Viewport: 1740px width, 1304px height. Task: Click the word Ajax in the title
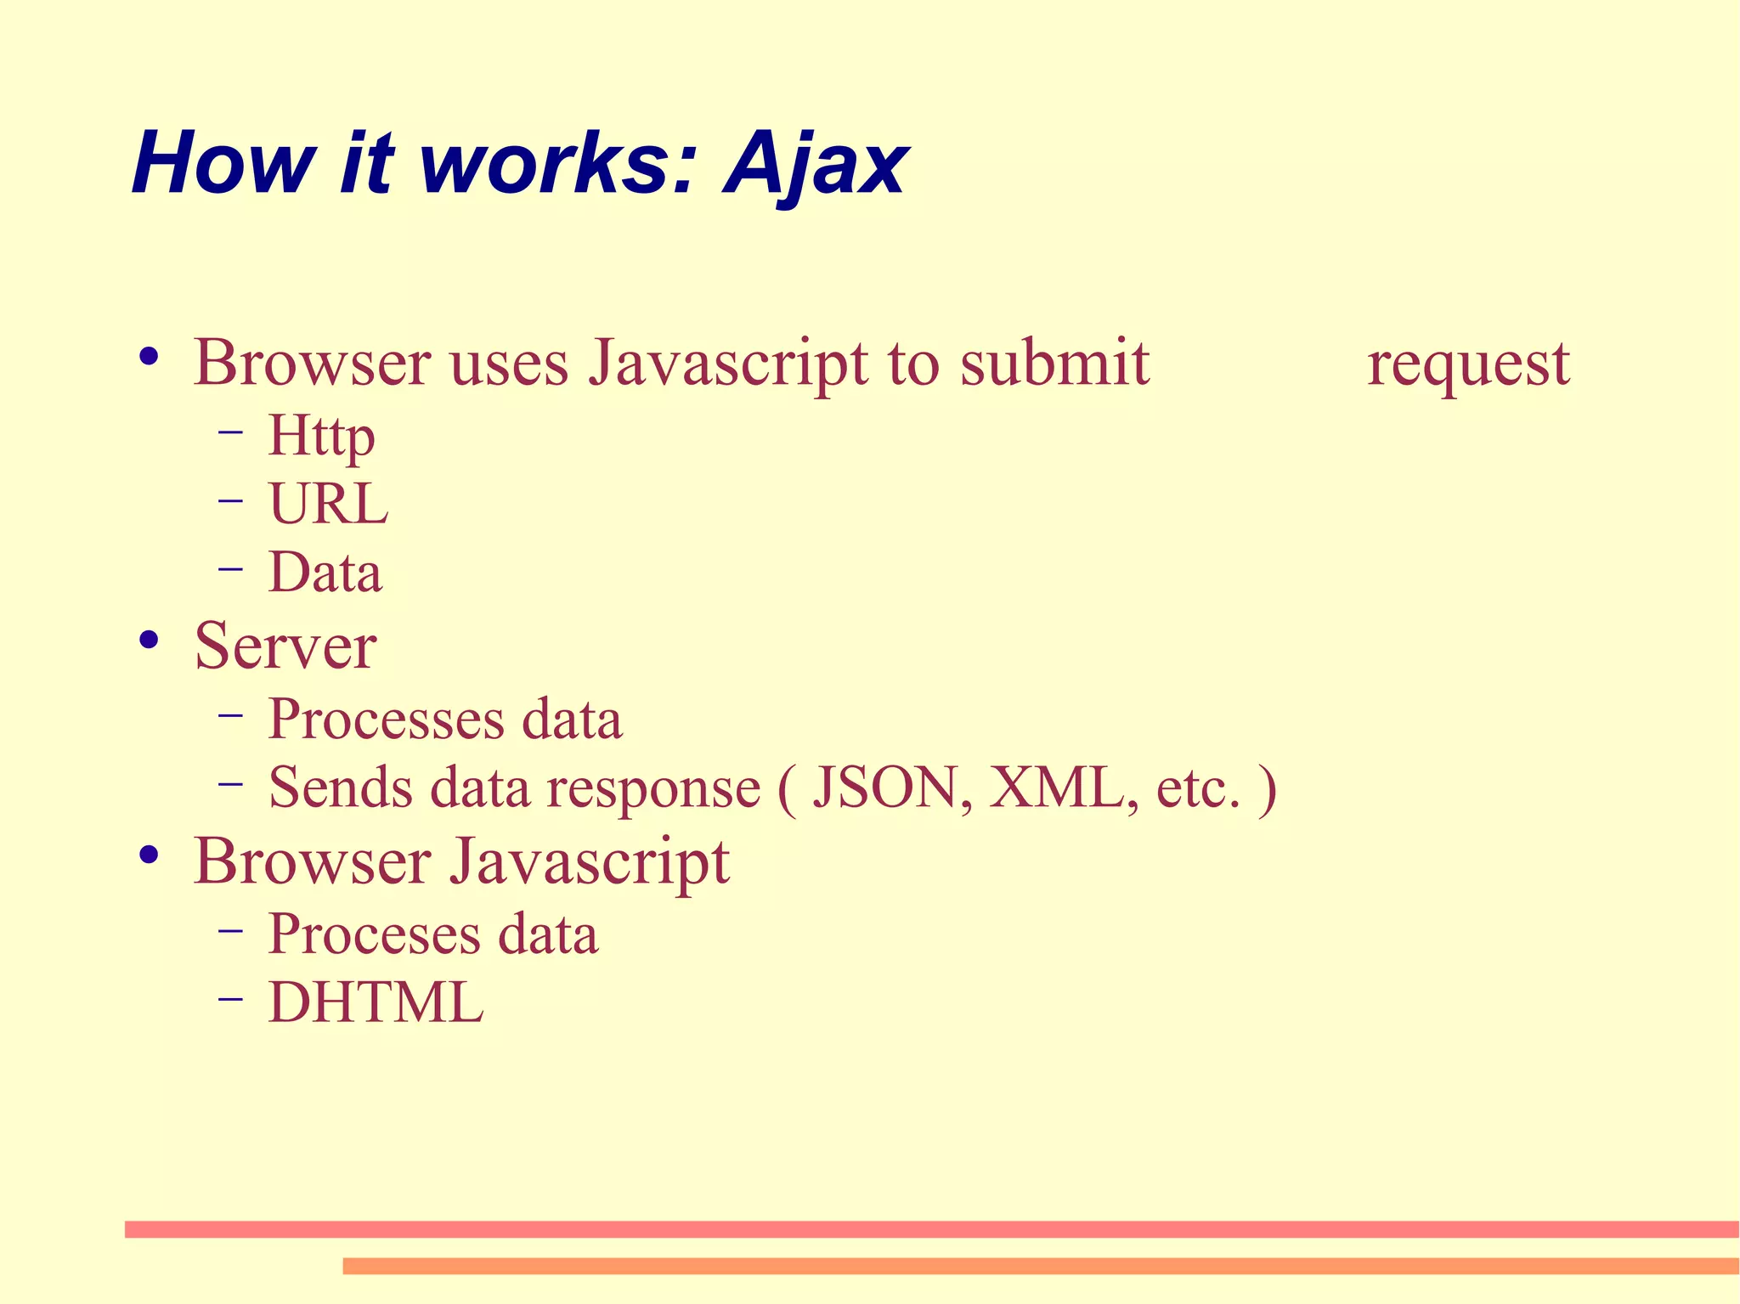(816, 164)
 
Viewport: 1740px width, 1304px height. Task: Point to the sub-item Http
(321, 437)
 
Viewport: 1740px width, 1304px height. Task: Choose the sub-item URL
(328, 504)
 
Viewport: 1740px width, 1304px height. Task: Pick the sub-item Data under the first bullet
(325, 572)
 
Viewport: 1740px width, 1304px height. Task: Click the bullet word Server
(285, 646)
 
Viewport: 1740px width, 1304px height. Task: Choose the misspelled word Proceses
(375, 934)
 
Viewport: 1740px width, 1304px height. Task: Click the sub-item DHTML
(376, 1002)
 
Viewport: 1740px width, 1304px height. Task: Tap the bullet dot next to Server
(150, 641)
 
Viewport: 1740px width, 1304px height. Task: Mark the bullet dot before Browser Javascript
(150, 855)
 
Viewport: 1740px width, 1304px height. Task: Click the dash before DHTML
(229, 999)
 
